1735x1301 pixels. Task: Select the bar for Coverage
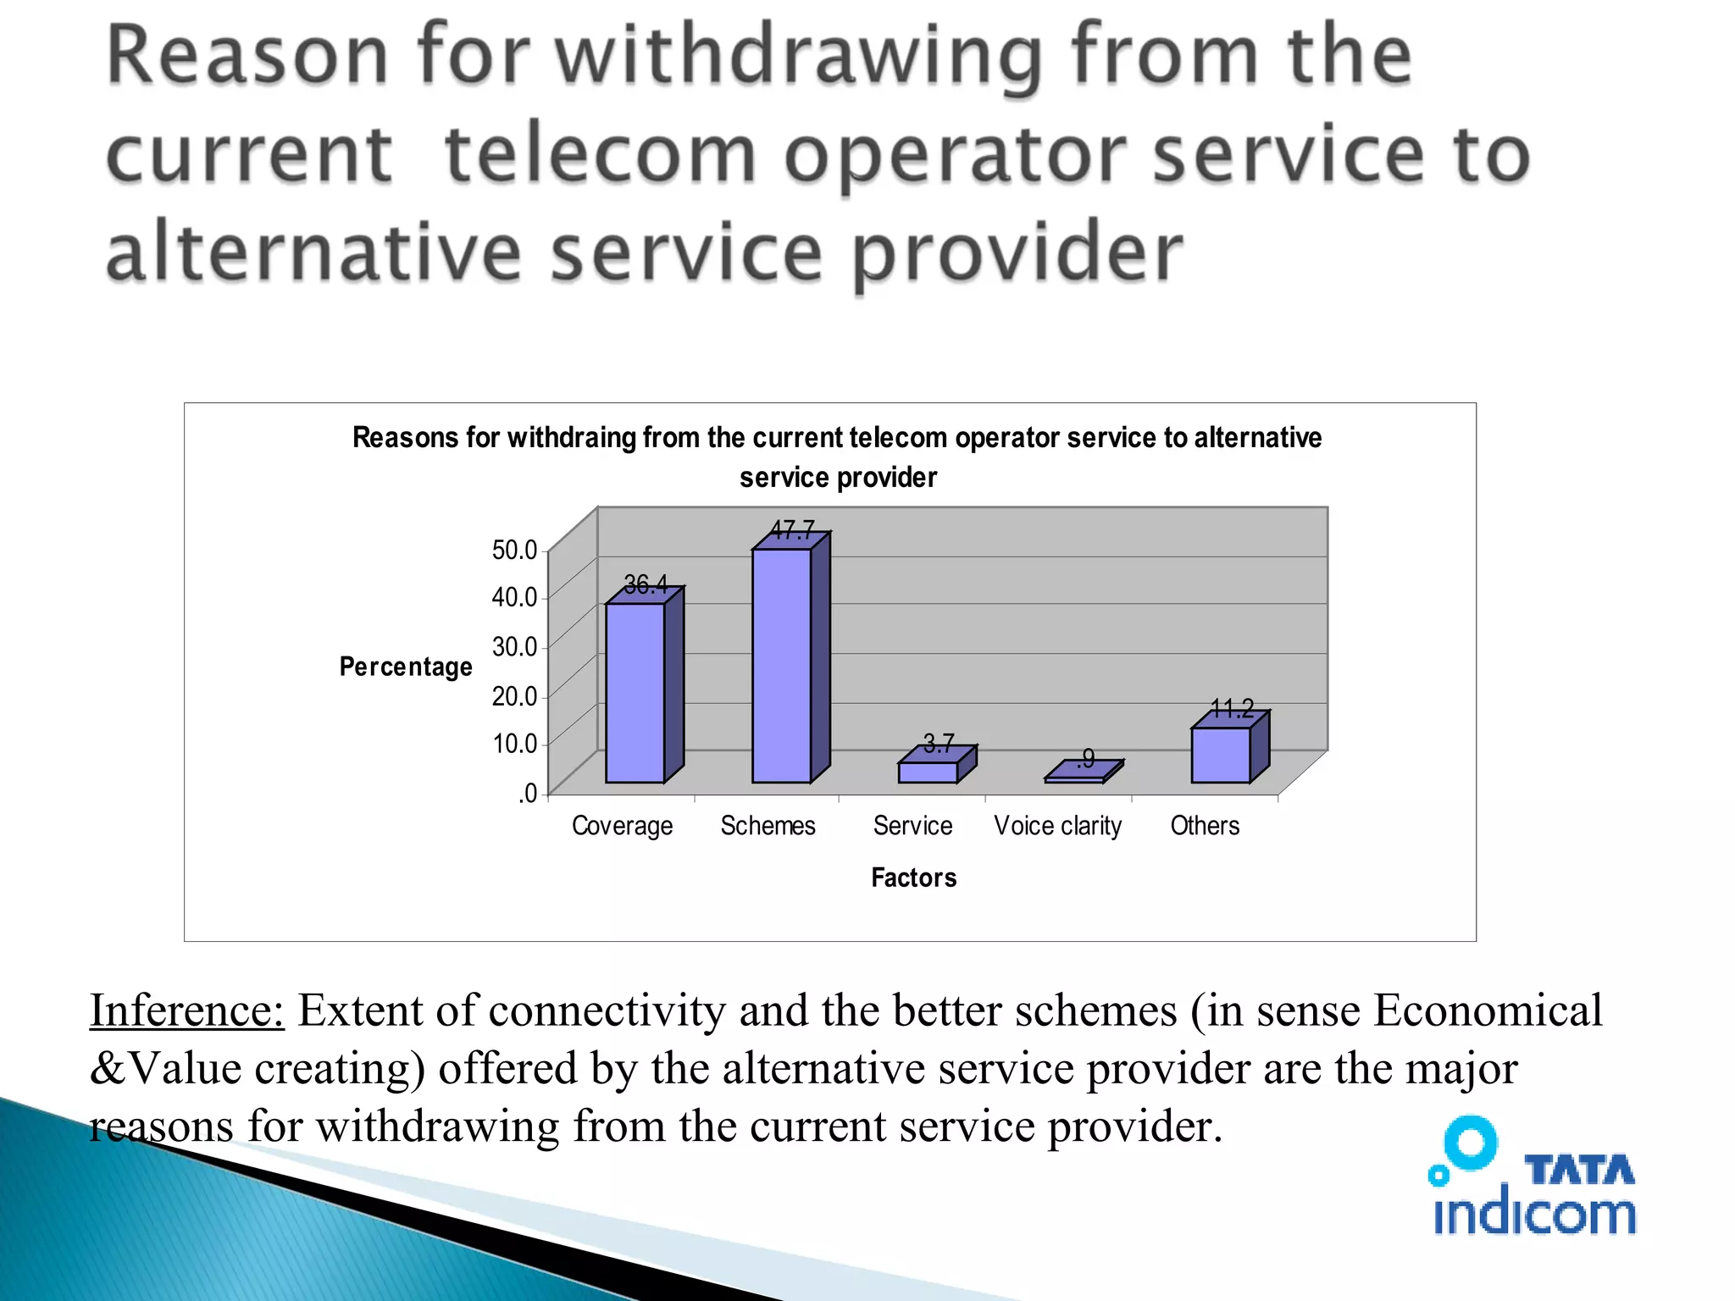(x=635, y=692)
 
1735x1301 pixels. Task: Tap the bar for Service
(x=928, y=772)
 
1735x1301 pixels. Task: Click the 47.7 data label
(x=793, y=530)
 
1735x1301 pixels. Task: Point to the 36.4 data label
(x=646, y=584)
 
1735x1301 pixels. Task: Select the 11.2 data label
(x=1232, y=708)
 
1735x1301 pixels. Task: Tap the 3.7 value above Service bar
(x=939, y=743)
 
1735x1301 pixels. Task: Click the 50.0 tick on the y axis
(x=514, y=550)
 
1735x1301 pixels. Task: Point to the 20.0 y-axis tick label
(x=514, y=695)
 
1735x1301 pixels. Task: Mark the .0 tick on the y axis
(x=527, y=793)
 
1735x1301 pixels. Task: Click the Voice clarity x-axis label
(x=1057, y=825)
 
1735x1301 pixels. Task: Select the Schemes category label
(x=768, y=825)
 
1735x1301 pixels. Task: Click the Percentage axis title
(x=406, y=667)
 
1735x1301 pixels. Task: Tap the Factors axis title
(x=913, y=877)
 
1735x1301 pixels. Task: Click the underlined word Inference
(x=187, y=1010)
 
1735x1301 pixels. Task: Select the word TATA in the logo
(x=1579, y=1171)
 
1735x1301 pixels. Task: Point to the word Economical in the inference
(x=1488, y=1010)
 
